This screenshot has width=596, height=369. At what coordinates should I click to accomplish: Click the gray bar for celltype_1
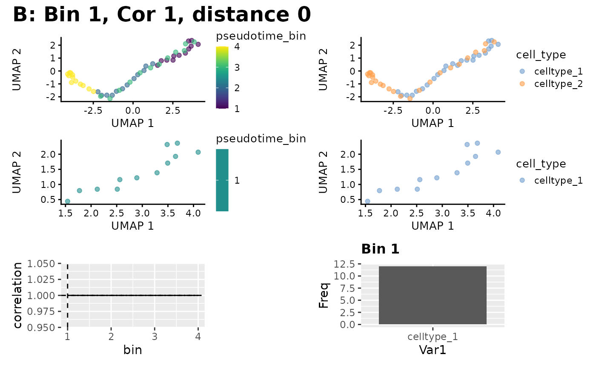click(x=433, y=295)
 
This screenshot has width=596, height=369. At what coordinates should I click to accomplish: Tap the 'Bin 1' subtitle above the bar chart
click(x=380, y=249)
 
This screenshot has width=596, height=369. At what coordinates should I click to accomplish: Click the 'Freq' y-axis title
click(x=324, y=295)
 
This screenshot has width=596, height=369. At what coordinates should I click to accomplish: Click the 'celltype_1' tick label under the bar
click(x=433, y=337)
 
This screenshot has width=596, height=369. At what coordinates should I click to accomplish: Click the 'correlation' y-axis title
click(x=18, y=295)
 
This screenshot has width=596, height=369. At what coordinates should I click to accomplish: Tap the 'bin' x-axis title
click(x=132, y=350)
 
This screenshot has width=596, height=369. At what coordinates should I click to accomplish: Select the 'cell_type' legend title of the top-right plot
click(x=541, y=55)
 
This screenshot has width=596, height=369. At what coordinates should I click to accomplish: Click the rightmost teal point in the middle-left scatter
click(x=198, y=152)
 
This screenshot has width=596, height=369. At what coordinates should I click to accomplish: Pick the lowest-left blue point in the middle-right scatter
click(x=367, y=201)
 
